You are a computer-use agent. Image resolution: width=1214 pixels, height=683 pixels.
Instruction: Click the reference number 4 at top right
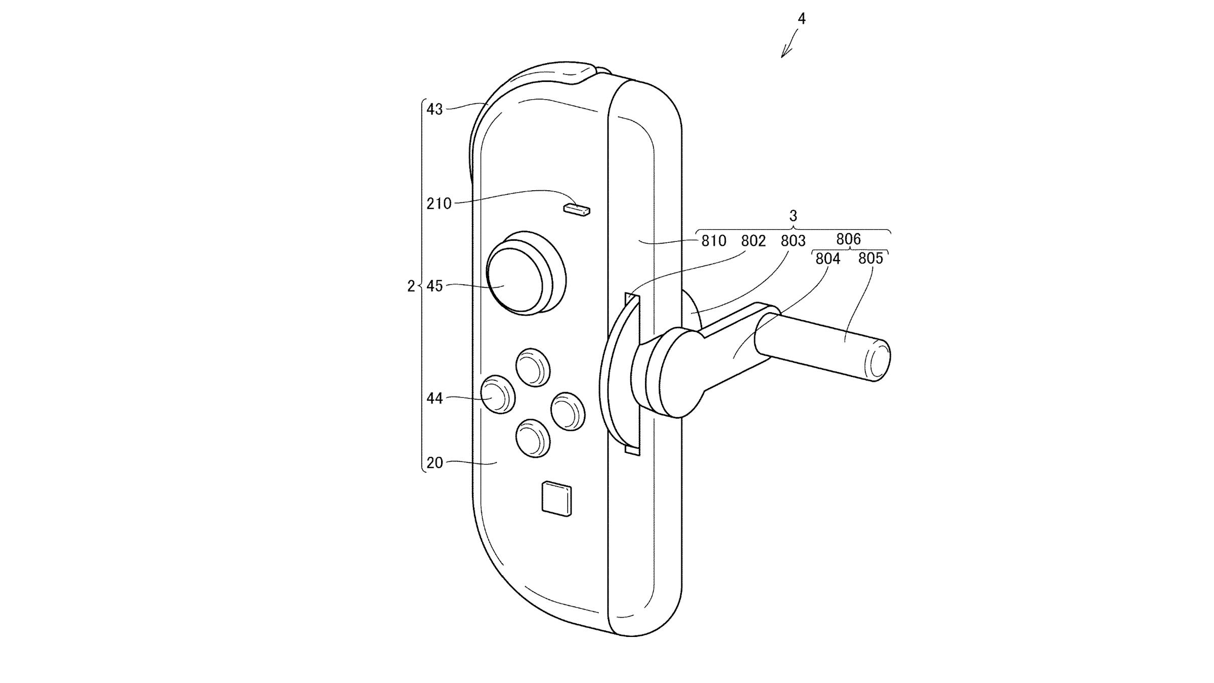801,19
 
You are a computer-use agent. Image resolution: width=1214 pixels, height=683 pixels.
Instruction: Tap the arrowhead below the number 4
784,55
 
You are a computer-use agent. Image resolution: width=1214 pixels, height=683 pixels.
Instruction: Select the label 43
435,109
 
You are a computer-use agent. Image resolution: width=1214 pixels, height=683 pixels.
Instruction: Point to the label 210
439,203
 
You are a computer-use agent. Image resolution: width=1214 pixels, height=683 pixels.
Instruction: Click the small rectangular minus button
577,209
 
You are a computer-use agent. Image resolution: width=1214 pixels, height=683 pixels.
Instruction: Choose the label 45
435,286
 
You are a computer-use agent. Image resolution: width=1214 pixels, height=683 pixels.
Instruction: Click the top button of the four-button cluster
533,368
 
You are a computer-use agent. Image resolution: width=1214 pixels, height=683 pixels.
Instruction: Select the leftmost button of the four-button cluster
497,394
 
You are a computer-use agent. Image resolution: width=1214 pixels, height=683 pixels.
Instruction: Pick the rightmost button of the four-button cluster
568,411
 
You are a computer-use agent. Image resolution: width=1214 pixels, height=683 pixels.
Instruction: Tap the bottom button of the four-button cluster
533,438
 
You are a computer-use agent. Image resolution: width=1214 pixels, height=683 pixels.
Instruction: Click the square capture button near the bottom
556,499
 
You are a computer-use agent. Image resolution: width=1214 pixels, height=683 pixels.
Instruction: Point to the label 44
435,399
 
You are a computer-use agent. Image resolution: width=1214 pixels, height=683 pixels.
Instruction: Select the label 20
435,463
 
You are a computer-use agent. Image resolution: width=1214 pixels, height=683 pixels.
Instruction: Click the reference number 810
714,241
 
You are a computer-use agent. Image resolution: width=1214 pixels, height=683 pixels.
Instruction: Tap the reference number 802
753,241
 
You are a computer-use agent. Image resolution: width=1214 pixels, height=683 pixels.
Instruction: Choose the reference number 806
848,239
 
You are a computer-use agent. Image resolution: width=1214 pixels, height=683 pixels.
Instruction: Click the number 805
871,259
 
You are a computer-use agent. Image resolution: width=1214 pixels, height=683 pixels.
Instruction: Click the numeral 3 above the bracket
793,216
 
